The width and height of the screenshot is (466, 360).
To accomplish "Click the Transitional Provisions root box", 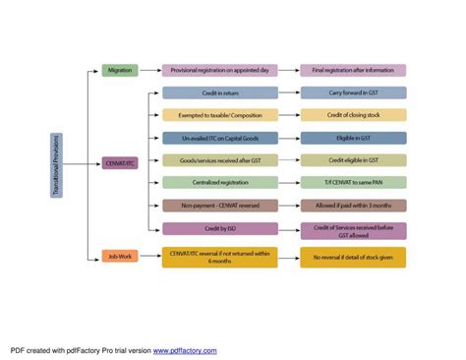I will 57,165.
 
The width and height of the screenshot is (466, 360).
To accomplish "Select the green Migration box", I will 119,71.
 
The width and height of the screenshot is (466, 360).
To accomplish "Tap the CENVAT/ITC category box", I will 119,163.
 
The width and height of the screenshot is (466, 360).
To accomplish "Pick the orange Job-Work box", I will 119,257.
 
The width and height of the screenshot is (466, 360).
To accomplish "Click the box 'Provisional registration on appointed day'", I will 220,71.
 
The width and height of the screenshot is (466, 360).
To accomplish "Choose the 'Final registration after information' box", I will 353,71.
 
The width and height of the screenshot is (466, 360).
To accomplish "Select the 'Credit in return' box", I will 220,92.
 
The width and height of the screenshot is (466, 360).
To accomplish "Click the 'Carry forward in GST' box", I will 353,92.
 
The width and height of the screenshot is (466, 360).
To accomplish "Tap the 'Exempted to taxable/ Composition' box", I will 220,115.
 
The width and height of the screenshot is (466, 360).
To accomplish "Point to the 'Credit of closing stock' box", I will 353,115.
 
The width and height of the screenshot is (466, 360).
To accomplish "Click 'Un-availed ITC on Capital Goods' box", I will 220,138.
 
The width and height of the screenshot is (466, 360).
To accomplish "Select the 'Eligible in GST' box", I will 353,138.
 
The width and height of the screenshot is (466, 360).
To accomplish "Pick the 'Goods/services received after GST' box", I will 220,160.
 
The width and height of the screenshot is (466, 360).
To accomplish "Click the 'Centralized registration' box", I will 220,183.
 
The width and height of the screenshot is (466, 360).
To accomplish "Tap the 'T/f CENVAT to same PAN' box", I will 353,183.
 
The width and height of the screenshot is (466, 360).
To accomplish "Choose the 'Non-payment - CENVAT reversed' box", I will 220,206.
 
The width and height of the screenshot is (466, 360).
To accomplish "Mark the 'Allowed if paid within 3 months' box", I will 353,206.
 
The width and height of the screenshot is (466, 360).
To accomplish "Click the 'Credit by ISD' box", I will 220,228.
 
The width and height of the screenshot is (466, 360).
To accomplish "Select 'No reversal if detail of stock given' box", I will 353,257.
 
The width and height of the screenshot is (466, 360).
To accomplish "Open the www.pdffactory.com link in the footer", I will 185,349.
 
